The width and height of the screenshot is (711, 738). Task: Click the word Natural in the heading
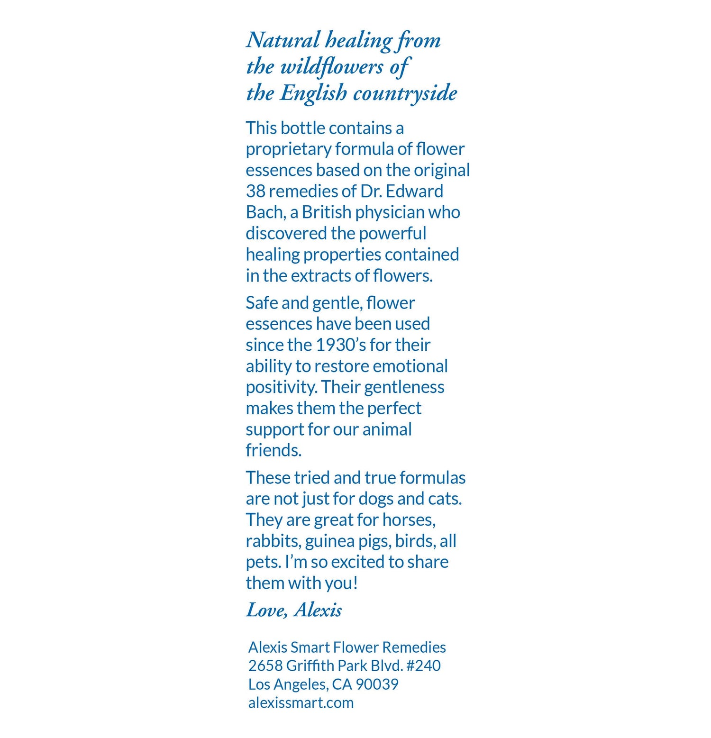(x=283, y=40)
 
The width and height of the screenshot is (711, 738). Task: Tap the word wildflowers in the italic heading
(x=332, y=67)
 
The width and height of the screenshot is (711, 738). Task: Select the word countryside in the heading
(x=405, y=93)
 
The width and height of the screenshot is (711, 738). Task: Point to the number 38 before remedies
(x=255, y=191)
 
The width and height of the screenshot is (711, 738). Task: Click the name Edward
(x=415, y=191)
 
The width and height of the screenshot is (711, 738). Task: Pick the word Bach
(x=265, y=212)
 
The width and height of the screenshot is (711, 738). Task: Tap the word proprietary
(x=288, y=149)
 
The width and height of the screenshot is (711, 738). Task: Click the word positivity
(x=281, y=387)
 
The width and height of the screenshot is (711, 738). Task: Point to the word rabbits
(x=273, y=541)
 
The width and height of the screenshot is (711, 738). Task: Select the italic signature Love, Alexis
(x=294, y=610)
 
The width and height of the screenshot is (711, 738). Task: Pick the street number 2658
(x=265, y=665)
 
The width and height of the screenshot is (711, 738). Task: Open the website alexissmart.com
(x=301, y=702)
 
